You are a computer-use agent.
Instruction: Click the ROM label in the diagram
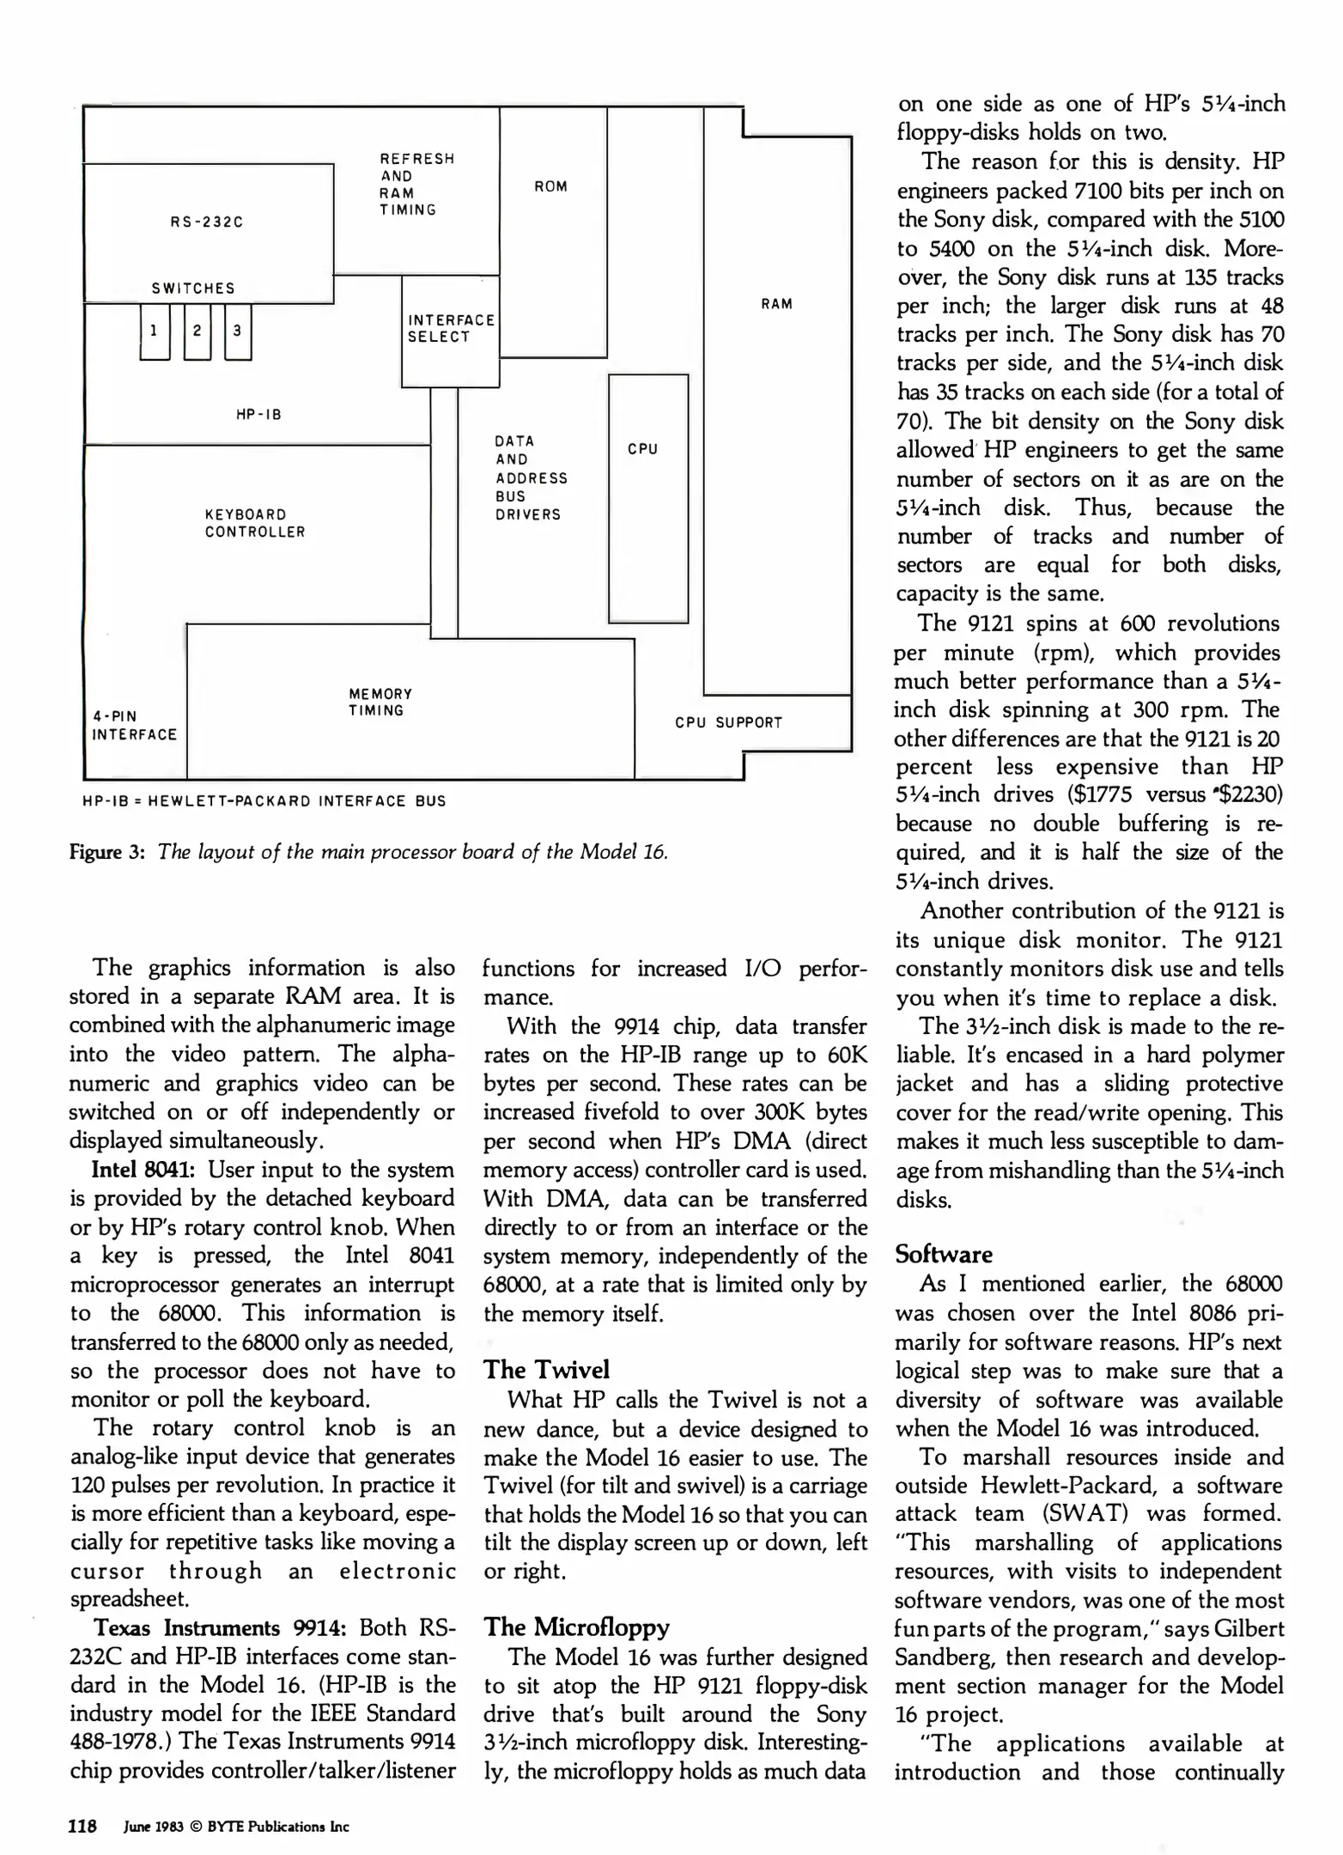pos(550,186)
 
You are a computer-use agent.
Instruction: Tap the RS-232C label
pos(206,222)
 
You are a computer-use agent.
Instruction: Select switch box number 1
pos(154,331)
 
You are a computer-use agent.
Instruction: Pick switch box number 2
pos(197,331)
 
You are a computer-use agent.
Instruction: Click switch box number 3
pos(237,331)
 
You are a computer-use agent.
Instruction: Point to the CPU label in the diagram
pos(642,448)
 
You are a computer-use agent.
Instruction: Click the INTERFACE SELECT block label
pos(451,328)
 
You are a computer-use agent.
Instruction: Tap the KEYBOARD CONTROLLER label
pos(254,523)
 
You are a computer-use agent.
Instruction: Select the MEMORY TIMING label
pos(380,702)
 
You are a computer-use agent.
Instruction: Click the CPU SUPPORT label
pos(728,722)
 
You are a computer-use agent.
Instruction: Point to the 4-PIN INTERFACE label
pos(134,725)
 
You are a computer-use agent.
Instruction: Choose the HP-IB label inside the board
pos(258,415)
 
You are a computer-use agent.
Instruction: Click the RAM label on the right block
pos(776,303)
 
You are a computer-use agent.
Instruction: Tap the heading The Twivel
pos(546,1369)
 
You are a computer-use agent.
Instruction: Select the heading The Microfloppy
pos(576,1627)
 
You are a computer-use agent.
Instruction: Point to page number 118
pos(82,1826)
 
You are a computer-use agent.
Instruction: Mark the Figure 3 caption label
pos(106,852)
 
